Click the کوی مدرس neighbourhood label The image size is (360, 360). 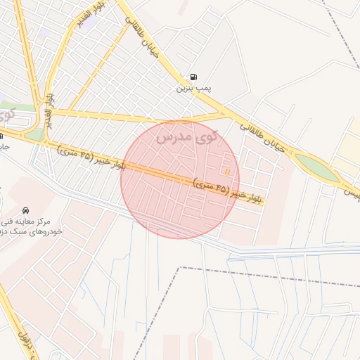(x=187, y=134)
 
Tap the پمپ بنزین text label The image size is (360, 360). (x=193, y=89)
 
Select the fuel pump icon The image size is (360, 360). (x=192, y=77)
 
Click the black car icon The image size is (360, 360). (x=26, y=210)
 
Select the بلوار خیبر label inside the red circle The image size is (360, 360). (x=229, y=191)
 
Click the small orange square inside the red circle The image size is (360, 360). (x=227, y=172)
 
